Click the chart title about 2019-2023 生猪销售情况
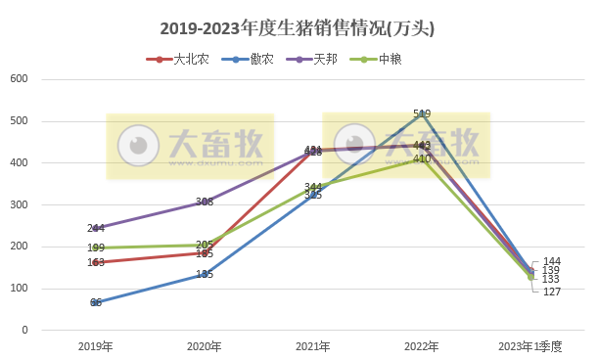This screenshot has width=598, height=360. (x=298, y=29)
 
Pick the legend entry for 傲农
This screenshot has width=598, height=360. (x=259, y=59)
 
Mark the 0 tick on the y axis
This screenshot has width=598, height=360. (x=23, y=331)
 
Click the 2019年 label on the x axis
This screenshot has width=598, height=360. (x=96, y=346)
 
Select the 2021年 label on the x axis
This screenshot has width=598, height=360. (x=313, y=346)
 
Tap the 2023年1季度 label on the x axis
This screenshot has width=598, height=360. (x=529, y=346)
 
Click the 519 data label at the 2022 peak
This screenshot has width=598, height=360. (x=422, y=114)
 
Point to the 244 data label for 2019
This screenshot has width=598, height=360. (x=96, y=229)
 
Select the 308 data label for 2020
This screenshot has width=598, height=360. (x=205, y=202)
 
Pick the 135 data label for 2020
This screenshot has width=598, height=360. (x=205, y=275)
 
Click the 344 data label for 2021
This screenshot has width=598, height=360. (x=313, y=187)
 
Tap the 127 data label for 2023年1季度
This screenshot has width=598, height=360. (x=553, y=292)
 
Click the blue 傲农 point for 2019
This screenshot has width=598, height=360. (x=96, y=303)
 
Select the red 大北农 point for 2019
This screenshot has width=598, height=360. (x=96, y=262)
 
